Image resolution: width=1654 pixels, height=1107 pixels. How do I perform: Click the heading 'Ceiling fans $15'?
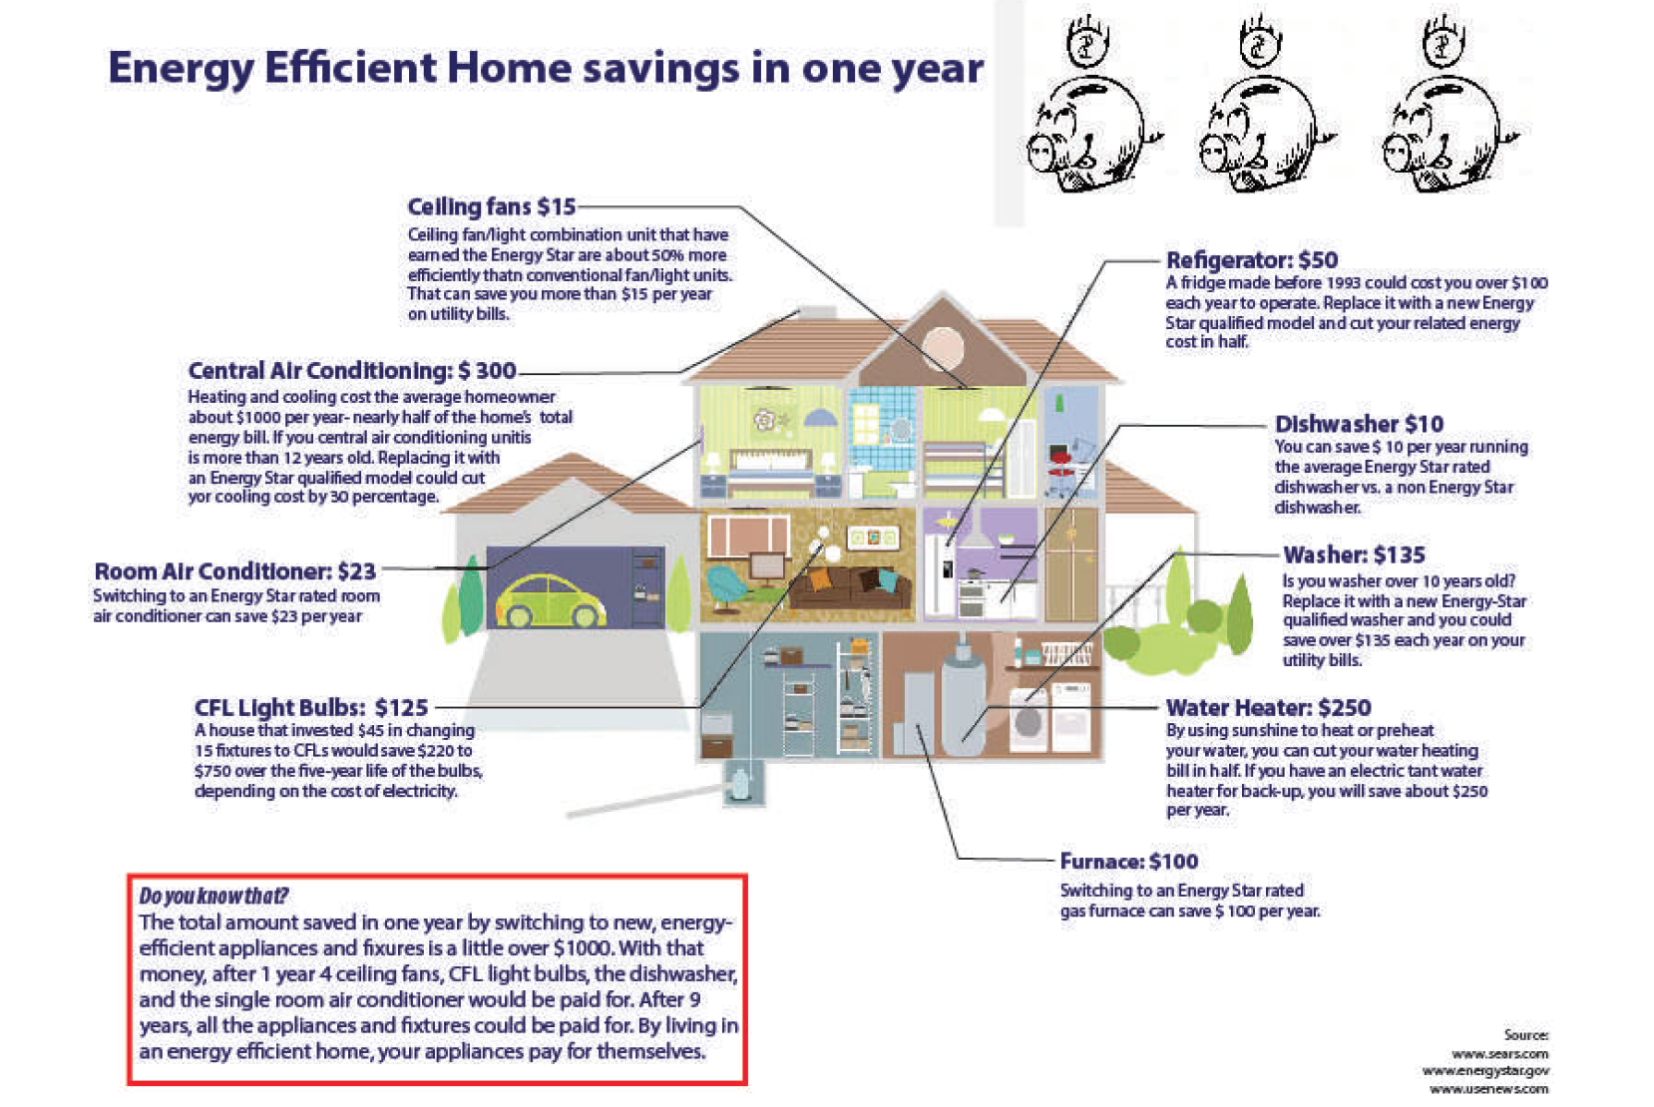tap(491, 206)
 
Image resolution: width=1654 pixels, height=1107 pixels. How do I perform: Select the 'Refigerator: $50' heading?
tap(1252, 259)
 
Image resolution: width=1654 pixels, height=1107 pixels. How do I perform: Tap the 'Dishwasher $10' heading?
tap(1359, 424)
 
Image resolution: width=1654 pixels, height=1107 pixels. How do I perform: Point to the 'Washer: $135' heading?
tap(1354, 554)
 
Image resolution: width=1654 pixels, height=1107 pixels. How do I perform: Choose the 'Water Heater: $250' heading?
tap(1268, 708)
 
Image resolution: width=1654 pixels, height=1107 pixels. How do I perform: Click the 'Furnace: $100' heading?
tap(1129, 862)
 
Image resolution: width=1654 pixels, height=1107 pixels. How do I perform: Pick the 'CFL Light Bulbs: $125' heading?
tap(311, 708)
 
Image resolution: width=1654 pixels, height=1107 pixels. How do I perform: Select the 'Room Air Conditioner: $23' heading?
tap(234, 571)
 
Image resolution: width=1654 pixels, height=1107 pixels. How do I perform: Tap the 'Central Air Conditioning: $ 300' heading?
tap(351, 370)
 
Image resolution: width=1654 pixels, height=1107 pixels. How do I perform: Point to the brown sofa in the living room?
tap(849, 587)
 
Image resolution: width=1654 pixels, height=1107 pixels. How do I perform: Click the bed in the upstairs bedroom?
tap(771, 473)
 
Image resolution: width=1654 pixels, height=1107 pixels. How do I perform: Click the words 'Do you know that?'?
tap(213, 896)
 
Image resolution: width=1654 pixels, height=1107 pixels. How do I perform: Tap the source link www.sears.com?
tap(1499, 1054)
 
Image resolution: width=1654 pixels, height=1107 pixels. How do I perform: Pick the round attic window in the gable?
tap(943, 347)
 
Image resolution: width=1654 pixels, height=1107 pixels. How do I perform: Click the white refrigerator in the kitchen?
tap(939, 575)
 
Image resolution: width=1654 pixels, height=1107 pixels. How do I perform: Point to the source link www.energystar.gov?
tap(1485, 1071)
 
